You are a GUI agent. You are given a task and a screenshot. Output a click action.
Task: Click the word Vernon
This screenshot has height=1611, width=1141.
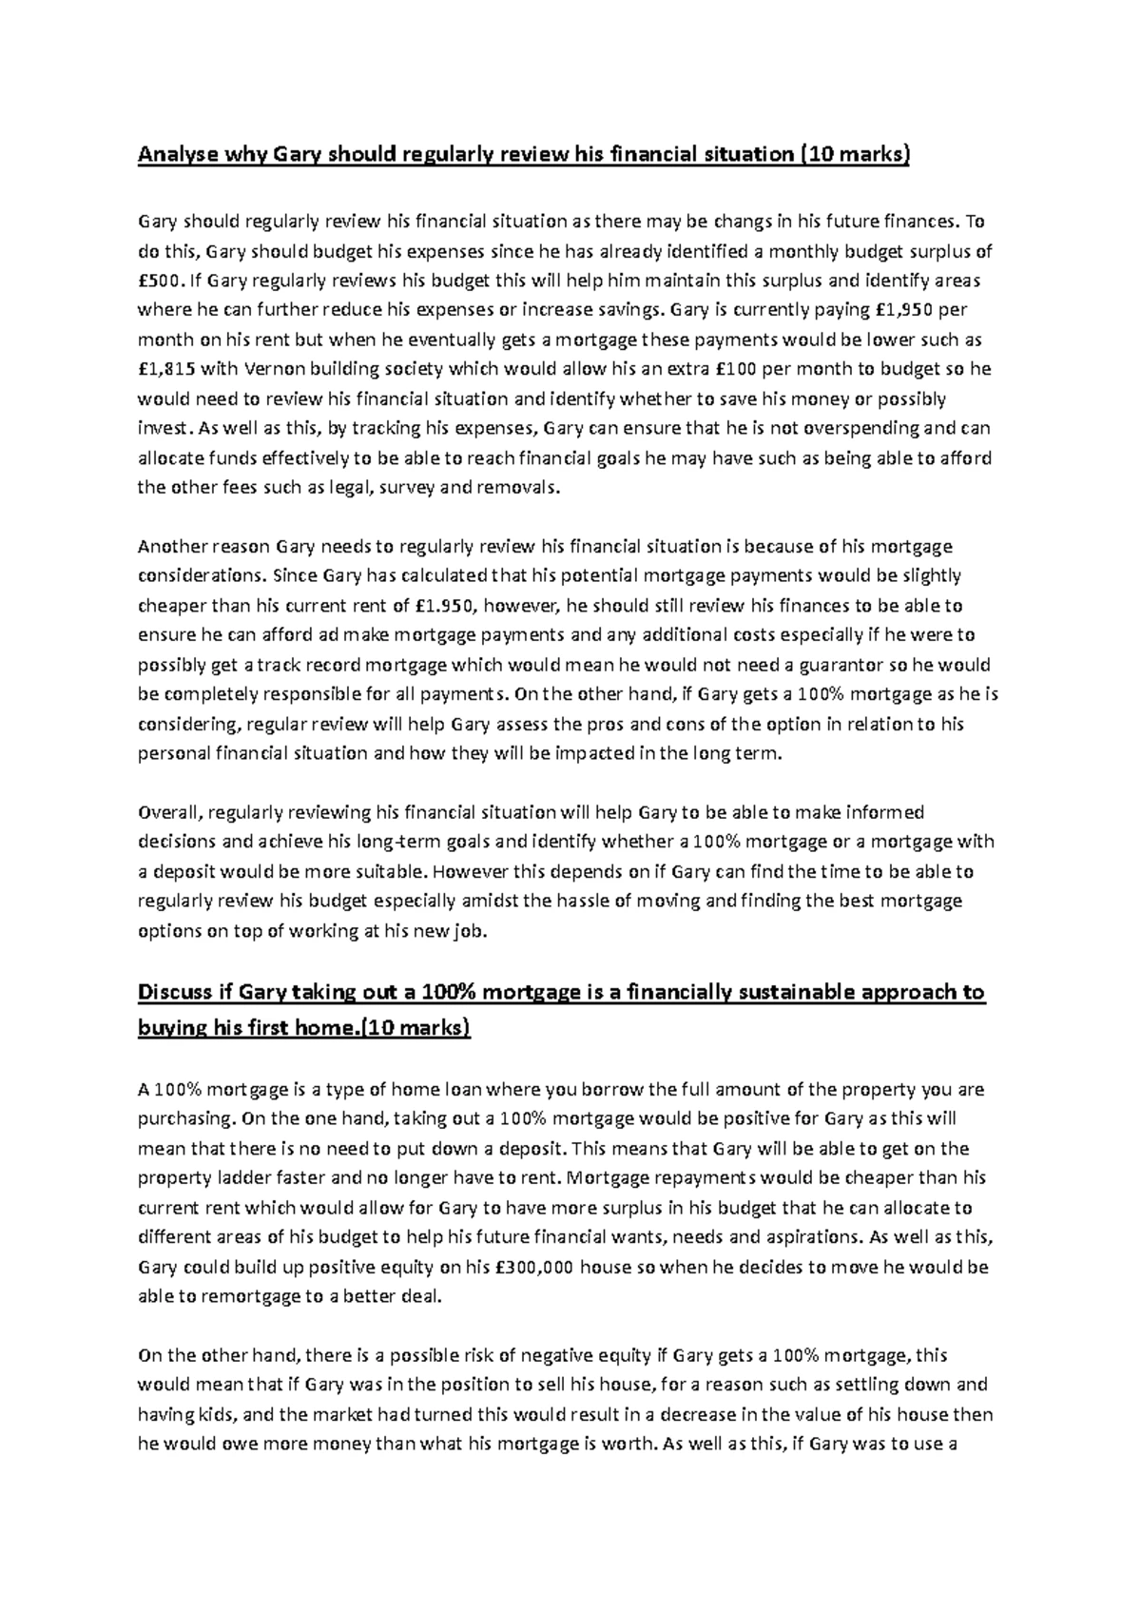coord(275,369)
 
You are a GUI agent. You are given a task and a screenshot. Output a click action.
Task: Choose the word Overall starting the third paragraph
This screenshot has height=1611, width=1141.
coord(168,812)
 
